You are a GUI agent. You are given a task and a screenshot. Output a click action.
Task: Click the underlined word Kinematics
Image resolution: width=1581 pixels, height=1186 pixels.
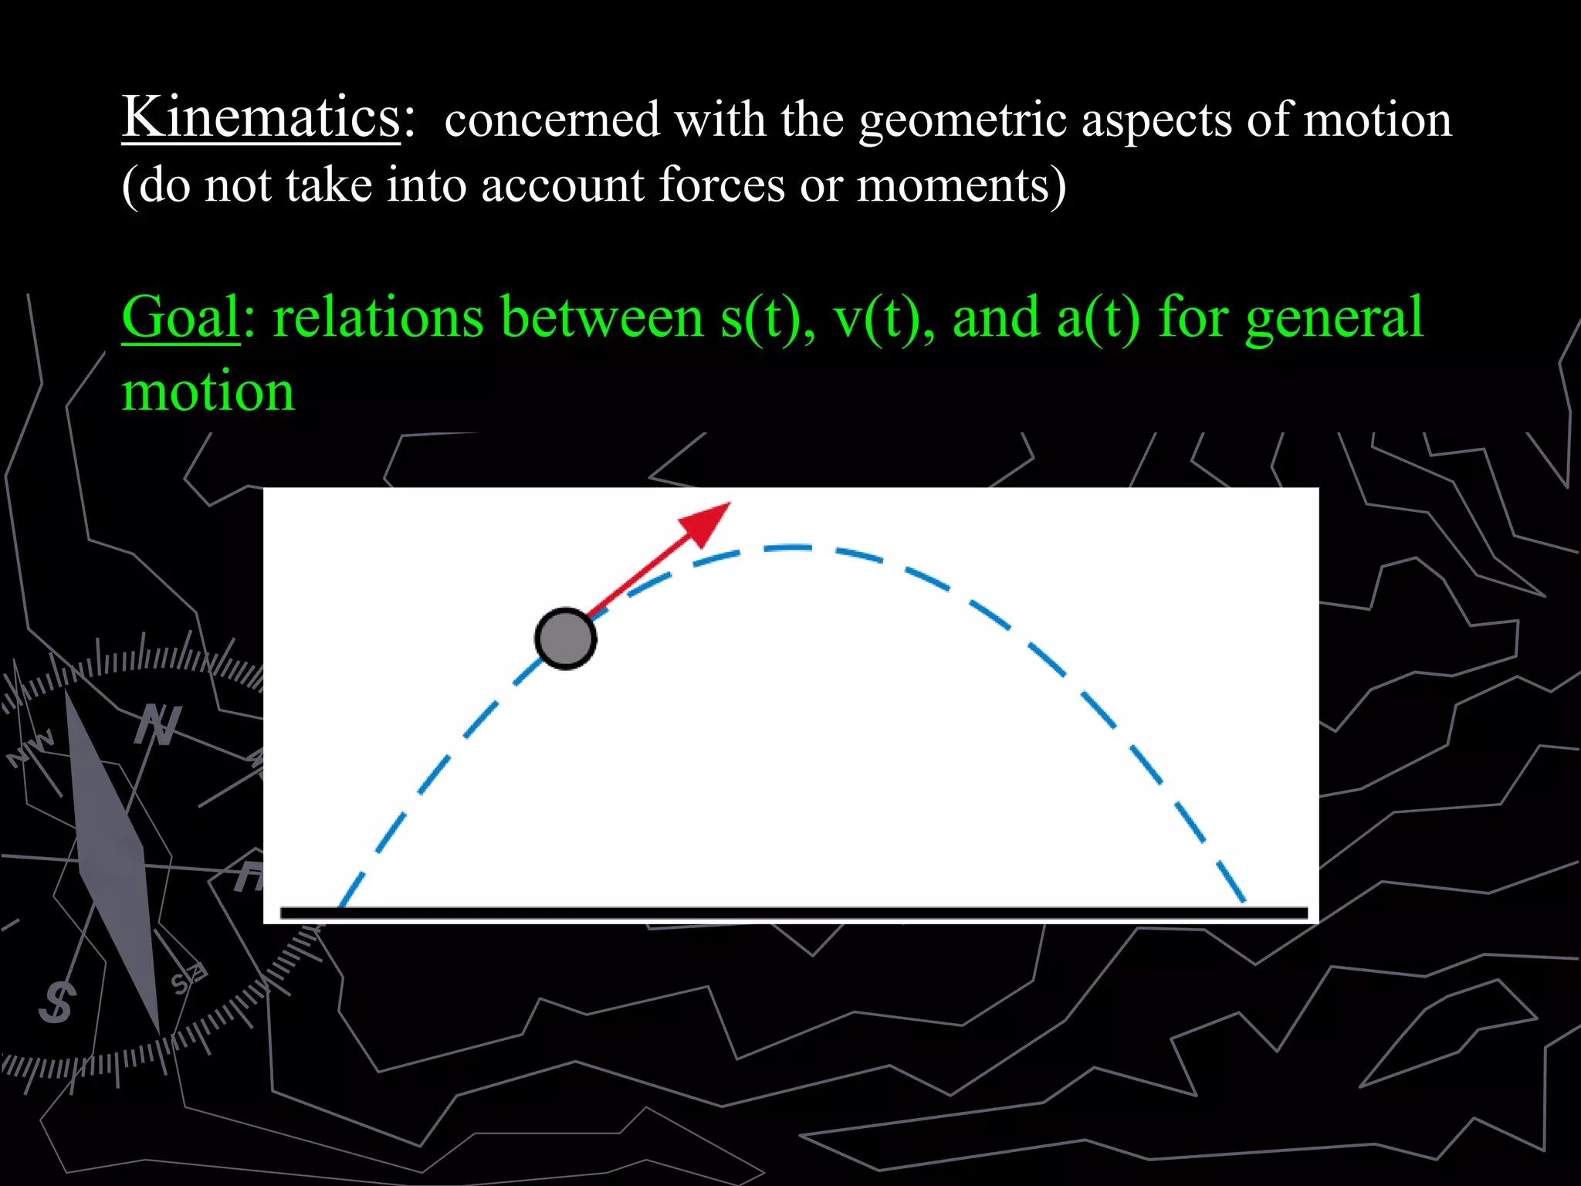tap(261, 117)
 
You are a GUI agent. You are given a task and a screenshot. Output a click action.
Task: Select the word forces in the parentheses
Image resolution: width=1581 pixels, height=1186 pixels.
tap(722, 185)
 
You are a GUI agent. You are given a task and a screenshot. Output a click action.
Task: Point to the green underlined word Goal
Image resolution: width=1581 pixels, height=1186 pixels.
tap(181, 318)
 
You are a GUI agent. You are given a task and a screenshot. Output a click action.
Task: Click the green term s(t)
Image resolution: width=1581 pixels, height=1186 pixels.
tap(766, 318)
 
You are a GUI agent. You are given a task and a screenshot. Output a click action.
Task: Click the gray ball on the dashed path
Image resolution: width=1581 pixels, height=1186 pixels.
tap(565, 639)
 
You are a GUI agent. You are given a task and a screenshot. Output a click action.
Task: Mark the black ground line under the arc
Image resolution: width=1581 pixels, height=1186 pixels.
tap(794, 913)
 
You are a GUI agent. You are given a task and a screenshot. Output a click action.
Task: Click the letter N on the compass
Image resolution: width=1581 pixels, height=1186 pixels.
tap(158, 726)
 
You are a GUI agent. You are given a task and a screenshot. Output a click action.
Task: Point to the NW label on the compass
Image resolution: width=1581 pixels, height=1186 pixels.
tap(31, 747)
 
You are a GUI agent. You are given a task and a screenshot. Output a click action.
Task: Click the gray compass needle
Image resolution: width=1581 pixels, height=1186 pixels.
tap(112, 857)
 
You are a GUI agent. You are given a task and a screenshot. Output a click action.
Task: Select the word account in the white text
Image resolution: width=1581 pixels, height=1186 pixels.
tap(562, 185)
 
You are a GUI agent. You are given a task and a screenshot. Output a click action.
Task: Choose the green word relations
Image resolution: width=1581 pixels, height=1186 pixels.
tap(378, 318)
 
